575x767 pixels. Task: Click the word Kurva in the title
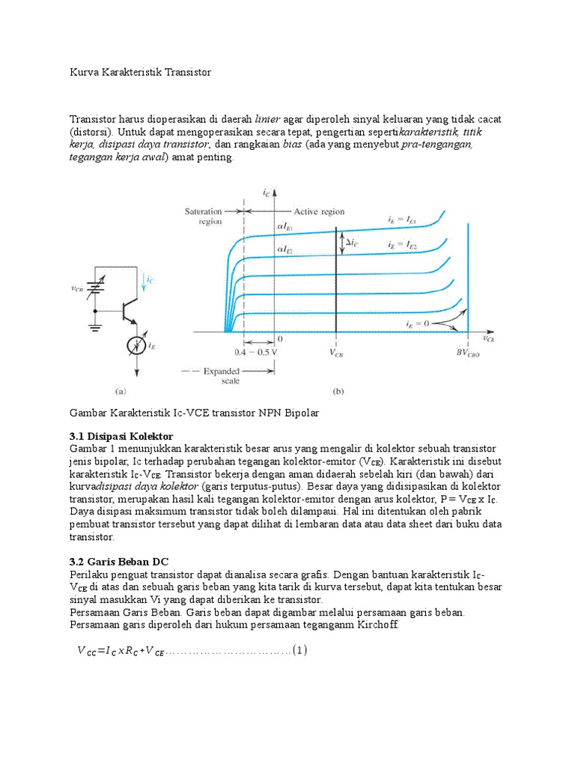84,73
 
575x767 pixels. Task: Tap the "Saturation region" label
204,216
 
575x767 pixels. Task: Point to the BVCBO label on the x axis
469,351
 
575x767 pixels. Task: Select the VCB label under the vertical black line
338,351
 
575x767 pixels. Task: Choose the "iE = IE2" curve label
402,245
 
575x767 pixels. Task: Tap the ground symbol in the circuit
95,326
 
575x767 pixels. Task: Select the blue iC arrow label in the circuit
150,280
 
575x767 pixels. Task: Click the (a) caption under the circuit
120,391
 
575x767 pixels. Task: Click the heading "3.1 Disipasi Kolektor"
121,436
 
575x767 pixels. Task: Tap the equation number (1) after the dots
299,650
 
